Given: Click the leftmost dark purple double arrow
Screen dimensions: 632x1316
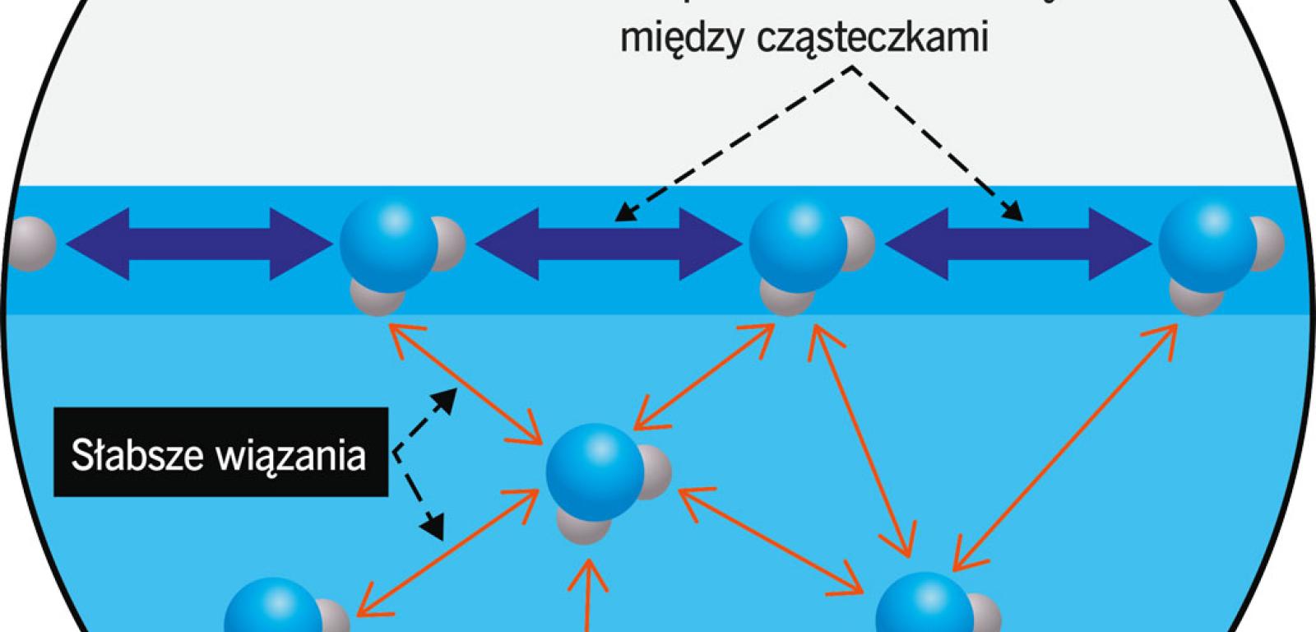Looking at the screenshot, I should pos(189,244).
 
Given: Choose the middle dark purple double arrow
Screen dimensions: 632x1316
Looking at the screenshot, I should pos(608,244).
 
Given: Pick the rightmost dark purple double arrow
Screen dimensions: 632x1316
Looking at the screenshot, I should pos(1017,244).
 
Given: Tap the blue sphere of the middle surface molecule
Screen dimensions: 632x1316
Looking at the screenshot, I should pos(796,241).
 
